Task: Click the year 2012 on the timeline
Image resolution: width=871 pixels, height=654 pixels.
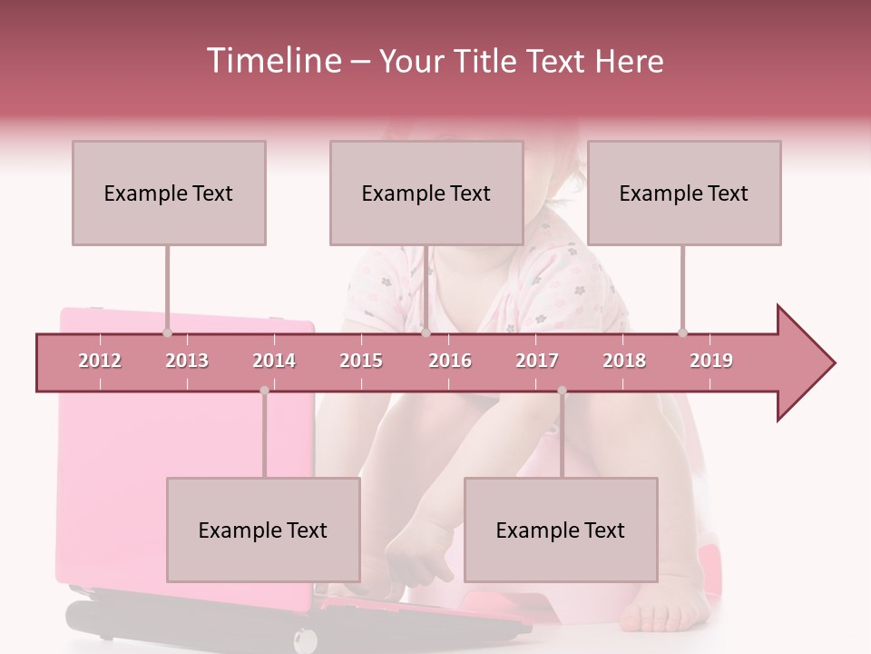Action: tap(100, 361)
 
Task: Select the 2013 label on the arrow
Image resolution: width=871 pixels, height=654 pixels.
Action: tap(187, 361)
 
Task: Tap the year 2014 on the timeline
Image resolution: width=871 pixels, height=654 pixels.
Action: tap(274, 361)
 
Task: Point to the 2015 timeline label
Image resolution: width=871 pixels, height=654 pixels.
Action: tap(361, 361)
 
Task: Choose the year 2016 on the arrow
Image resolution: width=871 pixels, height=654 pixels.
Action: tap(450, 361)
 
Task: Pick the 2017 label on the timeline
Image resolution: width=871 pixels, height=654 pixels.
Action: tap(537, 361)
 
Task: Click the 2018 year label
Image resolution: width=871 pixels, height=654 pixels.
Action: tap(624, 361)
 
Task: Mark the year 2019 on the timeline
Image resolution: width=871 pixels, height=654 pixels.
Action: tap(711, 361)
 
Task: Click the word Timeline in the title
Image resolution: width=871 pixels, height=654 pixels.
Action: tap(271, 61)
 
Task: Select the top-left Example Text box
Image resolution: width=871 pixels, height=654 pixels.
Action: tap(169, 193)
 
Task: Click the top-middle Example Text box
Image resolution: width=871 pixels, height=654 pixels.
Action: tap(426, 193)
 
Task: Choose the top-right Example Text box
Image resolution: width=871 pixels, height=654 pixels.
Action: tap(684, 193)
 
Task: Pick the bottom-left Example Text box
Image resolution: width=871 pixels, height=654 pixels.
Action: tap(263, 530)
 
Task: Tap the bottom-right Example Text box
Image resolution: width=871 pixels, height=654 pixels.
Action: tap(561, 530)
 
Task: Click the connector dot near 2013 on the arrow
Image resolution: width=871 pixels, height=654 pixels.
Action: tap(167, 332)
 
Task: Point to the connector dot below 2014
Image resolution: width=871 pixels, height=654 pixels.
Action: tap(264, 391)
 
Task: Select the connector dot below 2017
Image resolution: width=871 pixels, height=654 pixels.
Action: tap(562, 391)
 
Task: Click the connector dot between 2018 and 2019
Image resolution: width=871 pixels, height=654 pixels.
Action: tap(682, 332)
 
